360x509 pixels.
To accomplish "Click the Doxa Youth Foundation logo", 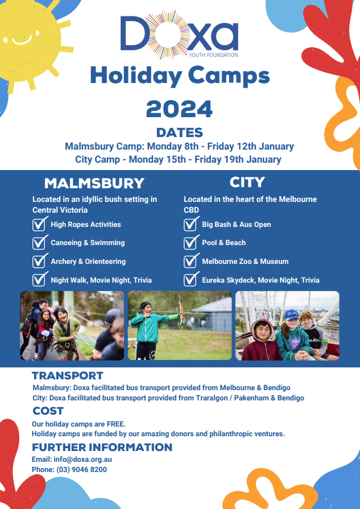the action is tap(179, 35).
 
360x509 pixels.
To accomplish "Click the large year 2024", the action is tap(180, 109).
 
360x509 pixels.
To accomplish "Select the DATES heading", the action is tap(180, 133).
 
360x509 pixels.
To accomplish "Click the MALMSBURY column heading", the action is tap(94, 183).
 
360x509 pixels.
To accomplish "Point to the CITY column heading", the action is tap(247, 182).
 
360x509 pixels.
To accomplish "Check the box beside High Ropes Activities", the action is tap(39, 224).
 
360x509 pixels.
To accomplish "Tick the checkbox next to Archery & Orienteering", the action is tap(39, 261).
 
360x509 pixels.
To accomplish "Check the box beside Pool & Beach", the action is tap(191, 242).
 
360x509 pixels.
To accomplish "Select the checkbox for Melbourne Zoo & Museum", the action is tap(191, 261).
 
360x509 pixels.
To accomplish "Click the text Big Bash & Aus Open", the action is tap(237, 224).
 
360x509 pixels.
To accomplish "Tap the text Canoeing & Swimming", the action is tap(88, 243).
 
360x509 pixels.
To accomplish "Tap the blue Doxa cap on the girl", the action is tap(292, 314).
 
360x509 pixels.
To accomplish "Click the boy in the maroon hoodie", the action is tap(260, 340).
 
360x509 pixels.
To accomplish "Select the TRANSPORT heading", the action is tap(68, 375).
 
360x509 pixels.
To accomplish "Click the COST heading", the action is tap(48, 411).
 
